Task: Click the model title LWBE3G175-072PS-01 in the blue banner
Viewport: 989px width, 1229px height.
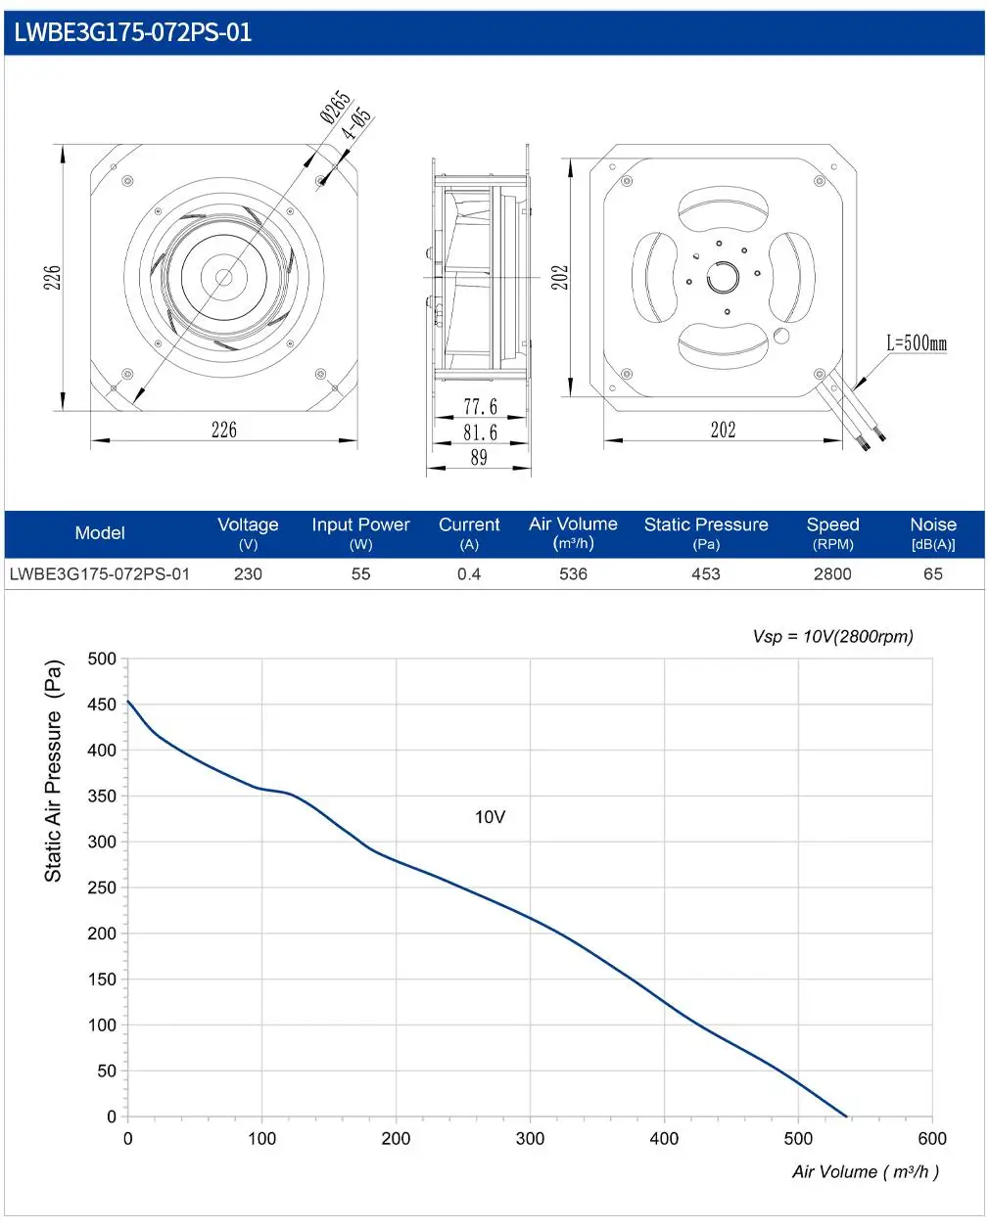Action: [x=132, y=32]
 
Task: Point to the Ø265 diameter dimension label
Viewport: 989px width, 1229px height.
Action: [x=335, y=107]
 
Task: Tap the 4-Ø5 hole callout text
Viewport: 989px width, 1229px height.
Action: [x=356, y=123]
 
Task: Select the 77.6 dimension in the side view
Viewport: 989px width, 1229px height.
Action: [x=480, y=407]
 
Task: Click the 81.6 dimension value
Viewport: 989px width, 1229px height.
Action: [x=480, y=432]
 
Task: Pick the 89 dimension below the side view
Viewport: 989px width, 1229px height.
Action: [x=479, y=457]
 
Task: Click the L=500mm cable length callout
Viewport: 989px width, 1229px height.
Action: [x=917, y=343]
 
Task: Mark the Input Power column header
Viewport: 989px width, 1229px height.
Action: [x=360, y=533]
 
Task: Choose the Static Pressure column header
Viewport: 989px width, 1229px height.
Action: [x=706, y=533]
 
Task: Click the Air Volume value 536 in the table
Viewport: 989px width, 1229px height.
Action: [x=574, y=574]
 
